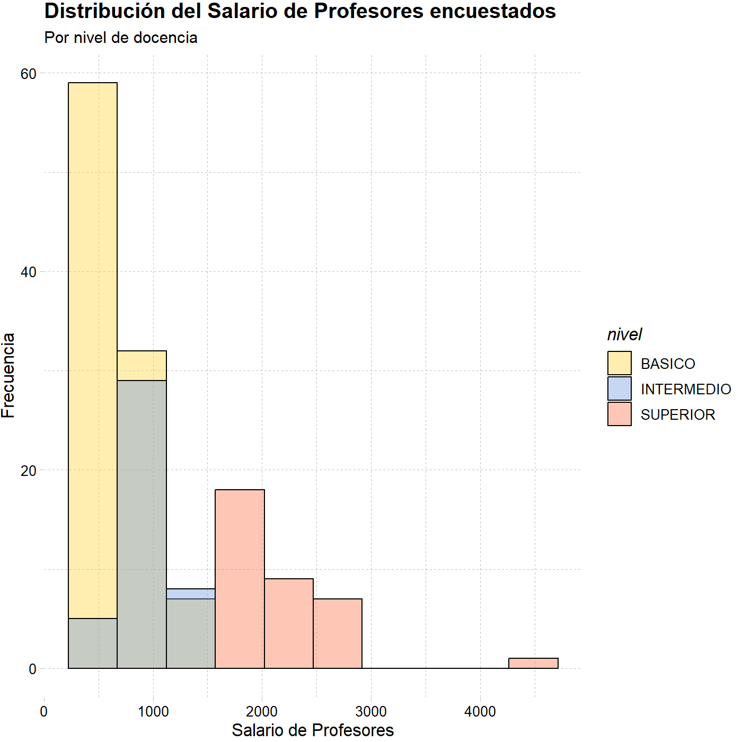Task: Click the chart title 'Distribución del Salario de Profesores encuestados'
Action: [x=300, y=11]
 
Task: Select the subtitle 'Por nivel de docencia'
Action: [x=120, y=38]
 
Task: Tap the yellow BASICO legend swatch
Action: [x=619, y=363]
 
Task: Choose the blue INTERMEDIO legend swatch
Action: [x=619, y=388]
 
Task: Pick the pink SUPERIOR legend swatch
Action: [x=619, y=414]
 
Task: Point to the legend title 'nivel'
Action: [x=624, y=334]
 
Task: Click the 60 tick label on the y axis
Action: [x=28, y=74]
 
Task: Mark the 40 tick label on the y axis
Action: [x=28, y=272]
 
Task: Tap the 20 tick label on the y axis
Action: [x=28, y=471]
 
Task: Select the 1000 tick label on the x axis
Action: [x=153, y=712]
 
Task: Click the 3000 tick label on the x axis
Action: [x=371, y=712]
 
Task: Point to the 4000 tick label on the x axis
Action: [x=480, y=712]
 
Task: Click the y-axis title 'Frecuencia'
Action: [x=8, y=376]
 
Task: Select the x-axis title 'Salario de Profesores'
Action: [x=313, y=730]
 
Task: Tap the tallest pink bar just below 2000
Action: [x=240, y=579]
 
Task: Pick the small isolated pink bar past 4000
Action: [x=533, y=664]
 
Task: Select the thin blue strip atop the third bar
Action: [x=191, y=594]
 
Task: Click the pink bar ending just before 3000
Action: [x=338, y=634]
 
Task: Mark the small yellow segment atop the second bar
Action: [x=142, y=365]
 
